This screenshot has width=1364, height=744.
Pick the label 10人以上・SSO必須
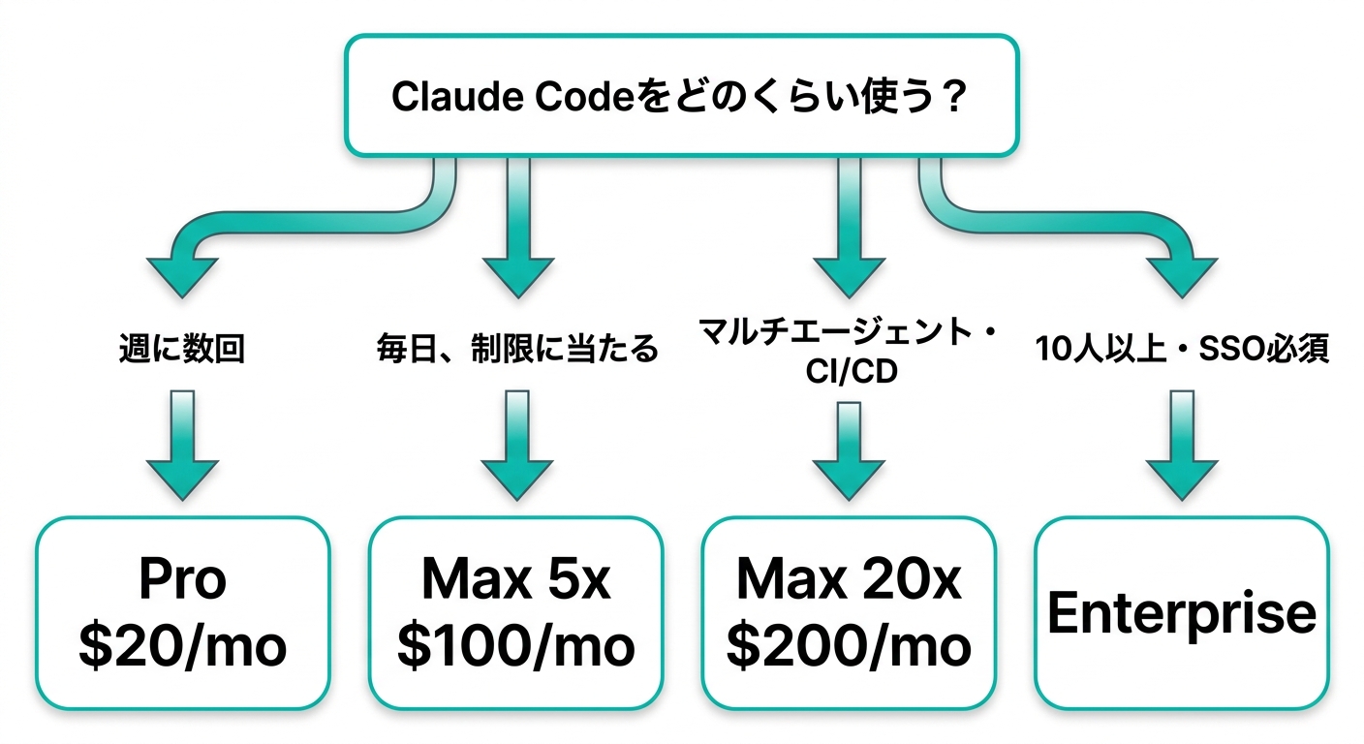(x=1182, y=350)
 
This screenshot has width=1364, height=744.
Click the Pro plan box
(x=183, y=612)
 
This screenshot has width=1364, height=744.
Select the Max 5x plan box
(x=516, y=612)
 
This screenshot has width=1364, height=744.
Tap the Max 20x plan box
(x=849, y=612)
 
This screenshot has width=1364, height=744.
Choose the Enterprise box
(x=1182, y=612)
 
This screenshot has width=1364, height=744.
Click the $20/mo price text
(x=183, y=646)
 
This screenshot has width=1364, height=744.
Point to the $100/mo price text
(x=516, y=646)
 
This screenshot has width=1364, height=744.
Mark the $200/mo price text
(x=849, y=646)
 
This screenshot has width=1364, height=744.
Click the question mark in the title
(x=953, y=98)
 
